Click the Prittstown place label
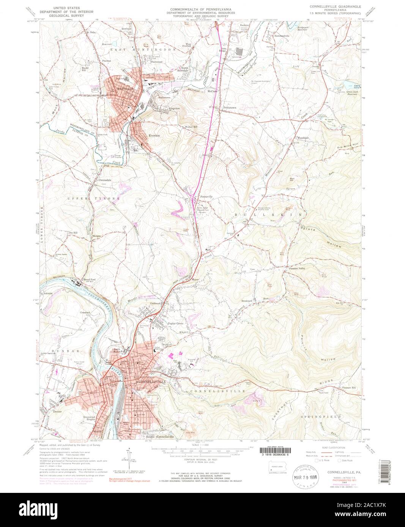pyautogui.click(x=229, y=108)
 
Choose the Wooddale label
pyautogui.click(x=304, y=138)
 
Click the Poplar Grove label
pyautogui.click(x=176, y=323)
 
